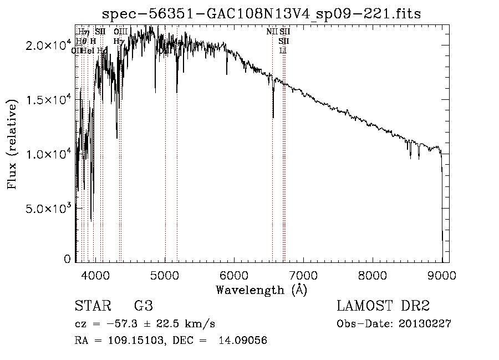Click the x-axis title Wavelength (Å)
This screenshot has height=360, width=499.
pos(262,290)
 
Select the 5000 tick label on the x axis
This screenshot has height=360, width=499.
pos(165,275)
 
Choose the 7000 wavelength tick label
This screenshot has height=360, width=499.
pos(304,275)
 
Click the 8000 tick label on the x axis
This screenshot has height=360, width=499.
pos(373,275)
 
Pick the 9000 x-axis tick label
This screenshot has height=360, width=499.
pos(442,275)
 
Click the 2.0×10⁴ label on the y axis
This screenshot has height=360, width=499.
pos(49,46)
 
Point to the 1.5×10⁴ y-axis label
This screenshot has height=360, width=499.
pos(49,100)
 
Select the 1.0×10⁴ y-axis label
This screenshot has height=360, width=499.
pos(49,154)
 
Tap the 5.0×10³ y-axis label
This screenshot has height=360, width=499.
pos(49,208)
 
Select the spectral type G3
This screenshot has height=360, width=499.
pos(144,306)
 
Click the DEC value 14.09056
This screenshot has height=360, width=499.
pos(243,341)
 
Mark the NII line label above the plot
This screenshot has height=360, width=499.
pos(272,32)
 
